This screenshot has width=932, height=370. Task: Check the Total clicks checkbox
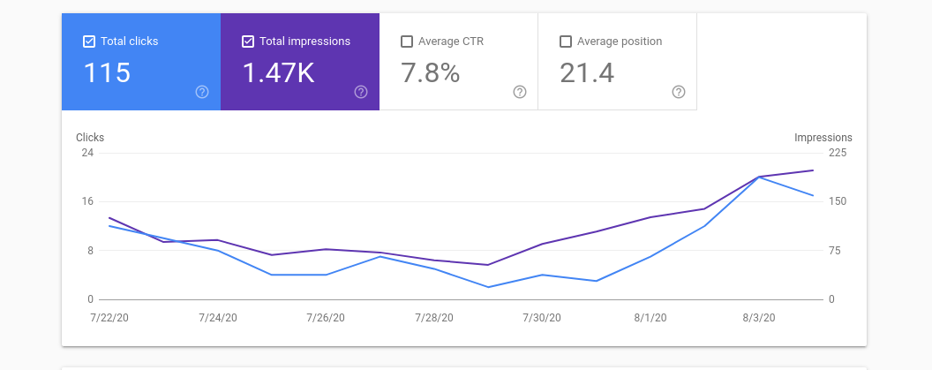[89, 42]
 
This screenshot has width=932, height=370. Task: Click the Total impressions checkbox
[248, 42]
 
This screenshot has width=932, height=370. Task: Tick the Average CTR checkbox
[407, 42]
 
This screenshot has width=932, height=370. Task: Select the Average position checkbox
[566, 42]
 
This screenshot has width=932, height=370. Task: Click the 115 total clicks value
[107, 73]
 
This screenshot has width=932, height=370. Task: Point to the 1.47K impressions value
[278, 73]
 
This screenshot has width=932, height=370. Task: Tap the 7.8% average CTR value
[431, 73]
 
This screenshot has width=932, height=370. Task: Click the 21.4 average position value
[587, 73]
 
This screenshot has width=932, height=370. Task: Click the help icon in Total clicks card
[202, 92]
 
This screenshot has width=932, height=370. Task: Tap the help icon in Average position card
[679, 92]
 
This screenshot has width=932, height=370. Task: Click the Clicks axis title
[90, 138]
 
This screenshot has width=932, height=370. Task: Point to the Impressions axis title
[823, 138]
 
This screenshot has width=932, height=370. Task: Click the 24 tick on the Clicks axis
[87, 152]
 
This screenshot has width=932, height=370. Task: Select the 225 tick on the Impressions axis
[838, 152]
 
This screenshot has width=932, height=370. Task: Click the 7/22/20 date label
[109, 318]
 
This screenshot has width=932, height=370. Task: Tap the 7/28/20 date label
[434, 318]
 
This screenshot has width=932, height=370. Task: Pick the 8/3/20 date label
[758, 318]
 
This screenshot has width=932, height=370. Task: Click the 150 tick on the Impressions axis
[838, 201]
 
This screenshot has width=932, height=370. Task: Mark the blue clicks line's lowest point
[488, 287]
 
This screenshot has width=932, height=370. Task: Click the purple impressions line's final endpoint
[813, 170]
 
